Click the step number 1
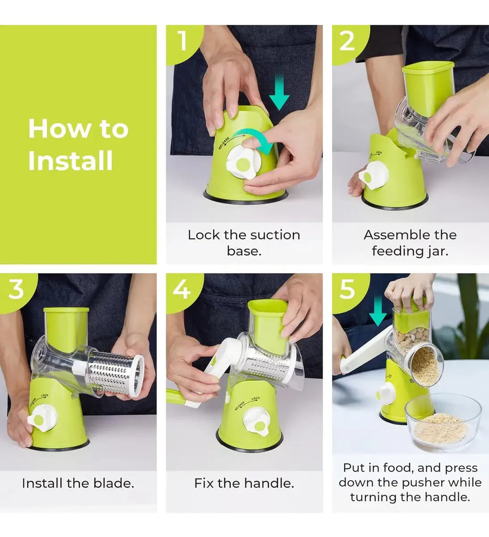(x=182, y=41)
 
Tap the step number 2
(x=347, y=41)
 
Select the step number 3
(x=16, y=288)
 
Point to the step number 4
(x=182, y=288)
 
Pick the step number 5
(x=348, y=288)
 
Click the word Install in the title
(x=71, y=160)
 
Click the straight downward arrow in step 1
(x=279, y=93)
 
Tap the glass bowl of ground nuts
(x=443, y=422)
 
